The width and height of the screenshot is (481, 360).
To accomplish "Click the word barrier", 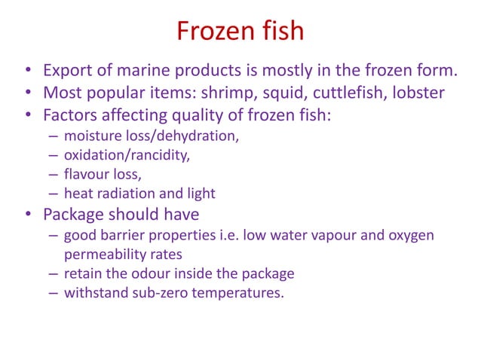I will pyautogui.click(x=130, y=236).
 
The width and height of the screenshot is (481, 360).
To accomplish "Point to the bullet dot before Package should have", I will pyautogui.click(x=27, y=215).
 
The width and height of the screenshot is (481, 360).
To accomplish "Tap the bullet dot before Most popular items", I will pyautogui.click(x=27, y=95).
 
